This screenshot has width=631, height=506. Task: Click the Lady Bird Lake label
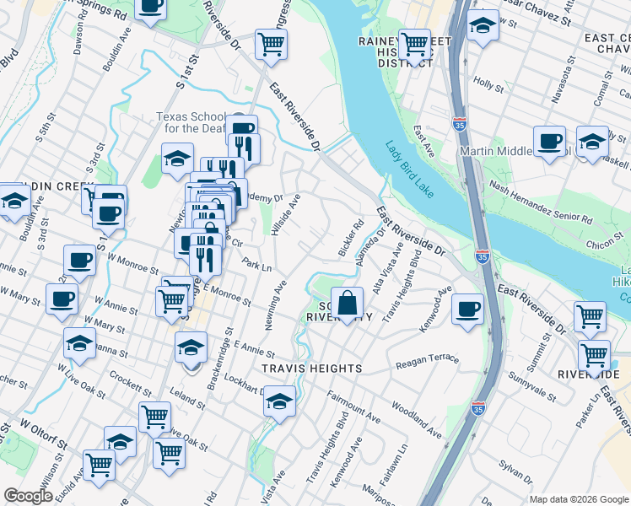coord(409,169)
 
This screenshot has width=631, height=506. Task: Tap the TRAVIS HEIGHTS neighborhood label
coord(312,369)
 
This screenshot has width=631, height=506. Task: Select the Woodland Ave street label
coord(416,420)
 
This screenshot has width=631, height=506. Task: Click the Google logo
coord(28,496)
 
